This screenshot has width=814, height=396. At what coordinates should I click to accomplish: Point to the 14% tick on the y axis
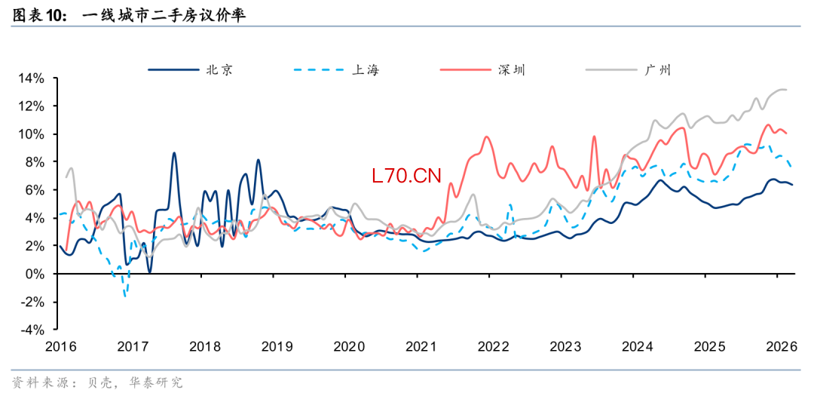click(x=32, y=78)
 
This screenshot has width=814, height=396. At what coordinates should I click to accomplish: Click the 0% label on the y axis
click(x=35, y=274)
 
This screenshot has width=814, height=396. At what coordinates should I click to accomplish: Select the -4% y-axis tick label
click(x=32, y=330)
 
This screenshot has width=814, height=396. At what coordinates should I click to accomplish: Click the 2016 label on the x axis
click(x=61, y=346)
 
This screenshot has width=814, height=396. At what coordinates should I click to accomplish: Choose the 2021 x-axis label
click(x=421, y=346)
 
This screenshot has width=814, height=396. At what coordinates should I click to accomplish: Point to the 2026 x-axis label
click(x=782, y=346)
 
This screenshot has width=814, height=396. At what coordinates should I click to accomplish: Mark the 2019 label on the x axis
click(x=277, y=346)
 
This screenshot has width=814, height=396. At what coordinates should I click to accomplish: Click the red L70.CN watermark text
click(x=405, y=177)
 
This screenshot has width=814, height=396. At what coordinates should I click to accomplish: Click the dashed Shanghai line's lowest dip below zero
click(x=125, y=296)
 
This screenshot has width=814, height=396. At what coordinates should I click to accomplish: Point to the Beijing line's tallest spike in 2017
click(x=174, y=153)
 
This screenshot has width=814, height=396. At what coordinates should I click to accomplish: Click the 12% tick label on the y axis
click(x=32, y=106)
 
